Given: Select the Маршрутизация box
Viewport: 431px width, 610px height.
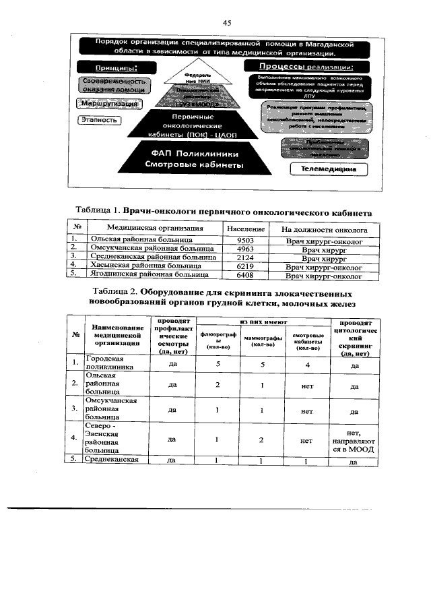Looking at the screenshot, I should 109,104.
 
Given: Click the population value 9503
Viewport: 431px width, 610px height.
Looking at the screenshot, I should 246,239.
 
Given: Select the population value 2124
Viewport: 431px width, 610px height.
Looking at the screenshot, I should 246,257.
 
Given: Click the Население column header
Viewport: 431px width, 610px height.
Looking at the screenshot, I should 246,228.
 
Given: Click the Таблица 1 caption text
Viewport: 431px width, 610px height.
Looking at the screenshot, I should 226,212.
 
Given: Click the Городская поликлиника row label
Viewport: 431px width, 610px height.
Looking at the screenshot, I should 108,364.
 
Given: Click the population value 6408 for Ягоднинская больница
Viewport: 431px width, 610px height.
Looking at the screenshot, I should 246,275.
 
